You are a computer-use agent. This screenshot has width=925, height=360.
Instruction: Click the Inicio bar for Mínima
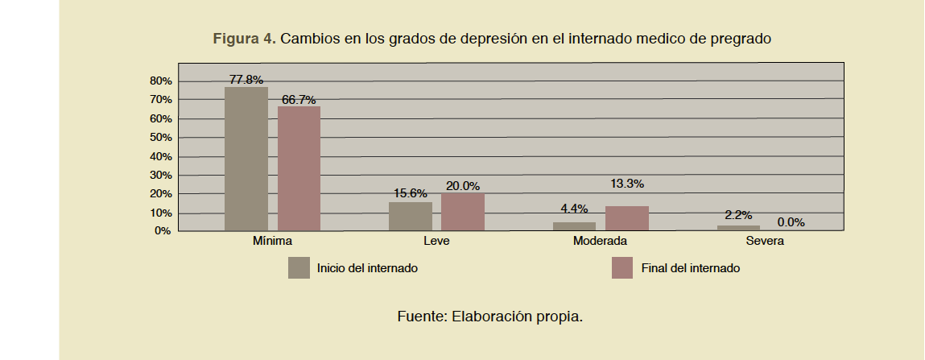[246, 159]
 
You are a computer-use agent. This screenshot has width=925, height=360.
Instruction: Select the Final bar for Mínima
[299, 168]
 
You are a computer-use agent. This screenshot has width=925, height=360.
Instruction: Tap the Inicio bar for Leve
[410, 216]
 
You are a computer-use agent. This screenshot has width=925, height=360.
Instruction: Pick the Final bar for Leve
[463, 212]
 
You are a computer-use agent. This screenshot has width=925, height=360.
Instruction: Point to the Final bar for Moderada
[627, 218]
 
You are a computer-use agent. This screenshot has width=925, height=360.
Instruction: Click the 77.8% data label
[246, 79]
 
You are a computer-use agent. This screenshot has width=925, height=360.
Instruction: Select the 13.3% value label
[627, 184]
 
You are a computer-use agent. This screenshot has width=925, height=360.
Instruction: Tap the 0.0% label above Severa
[791, 222]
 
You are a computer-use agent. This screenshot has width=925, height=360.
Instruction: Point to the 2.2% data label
[737, 215]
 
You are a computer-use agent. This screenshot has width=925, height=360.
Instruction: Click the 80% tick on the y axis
[161, 81]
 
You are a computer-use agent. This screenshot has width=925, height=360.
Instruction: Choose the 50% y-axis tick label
[161, 138]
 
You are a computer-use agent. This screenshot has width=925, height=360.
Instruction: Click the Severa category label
[765, 241]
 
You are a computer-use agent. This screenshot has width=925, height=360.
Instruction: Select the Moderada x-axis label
[600, 241]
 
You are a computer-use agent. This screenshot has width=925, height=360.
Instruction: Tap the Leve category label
[436, 241]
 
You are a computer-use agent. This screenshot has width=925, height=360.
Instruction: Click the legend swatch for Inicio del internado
[299, 268]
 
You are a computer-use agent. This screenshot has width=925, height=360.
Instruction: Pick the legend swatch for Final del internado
[622, 268]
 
